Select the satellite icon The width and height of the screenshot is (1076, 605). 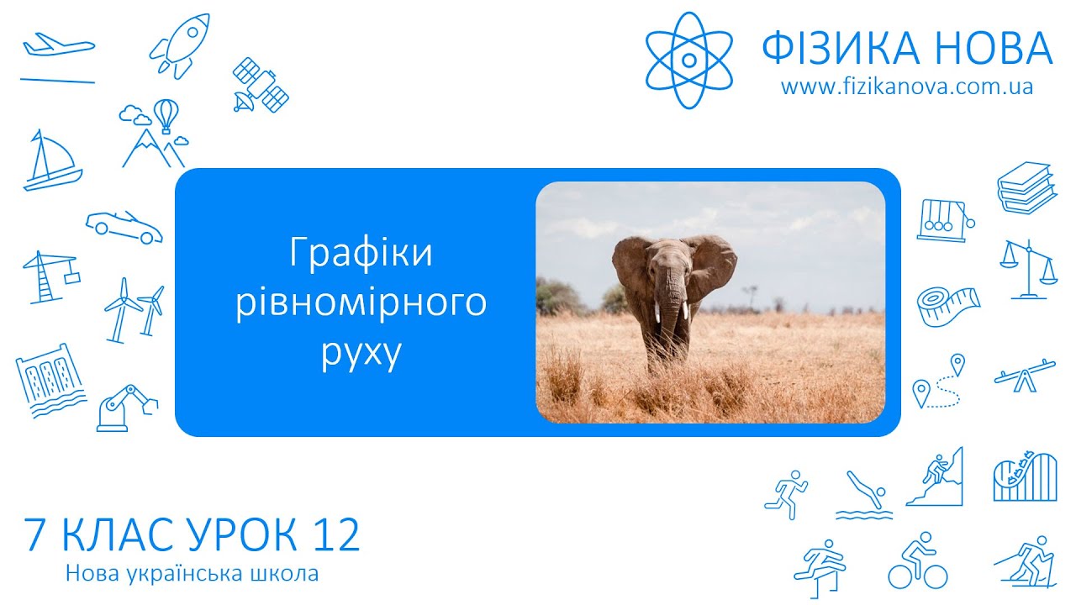[x=260, y=85]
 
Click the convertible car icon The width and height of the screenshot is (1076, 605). [x=124, y=225]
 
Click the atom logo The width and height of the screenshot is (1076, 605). [x=688, y=60]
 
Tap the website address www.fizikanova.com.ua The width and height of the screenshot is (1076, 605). [x=906, y=87]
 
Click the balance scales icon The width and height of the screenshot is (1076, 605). [x=1028, y=268]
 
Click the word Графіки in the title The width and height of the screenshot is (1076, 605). [x=361, y=253]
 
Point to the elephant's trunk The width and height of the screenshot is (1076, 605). [x=670, y=311]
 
